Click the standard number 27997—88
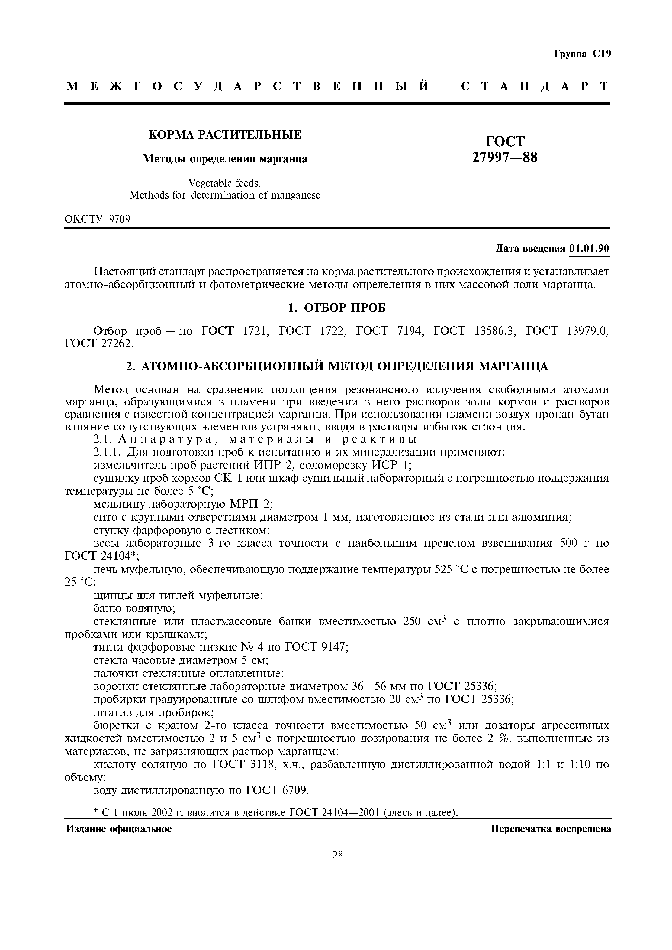pyautogui.click(x=505, y=157)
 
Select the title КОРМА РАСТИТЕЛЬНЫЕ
pyautogui.click(x=225, y=135)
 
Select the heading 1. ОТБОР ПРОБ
pyautogui.click(x=337, y=308)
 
